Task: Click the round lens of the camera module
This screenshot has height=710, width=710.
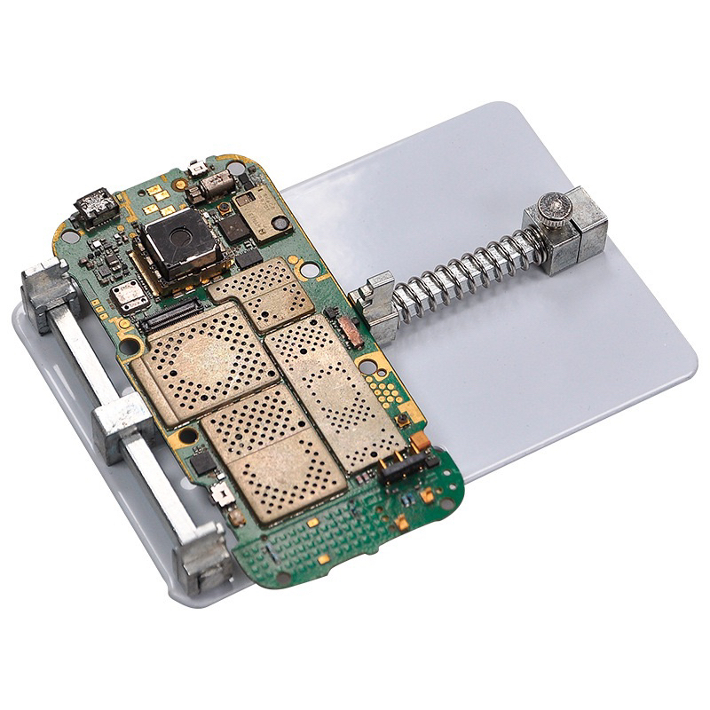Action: click(x=183, y=238)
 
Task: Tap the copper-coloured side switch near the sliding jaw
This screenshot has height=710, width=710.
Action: click(x=349, y=331)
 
